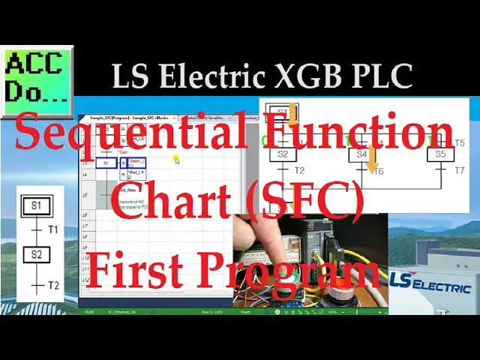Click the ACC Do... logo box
point(38,77)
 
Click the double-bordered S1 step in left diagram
point(35,204)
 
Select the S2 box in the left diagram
point(35,254)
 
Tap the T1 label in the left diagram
point(53,229)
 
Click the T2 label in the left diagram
point(53,285)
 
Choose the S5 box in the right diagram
point(441,154)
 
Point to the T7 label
point(460,171)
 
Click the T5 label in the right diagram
point(459,142)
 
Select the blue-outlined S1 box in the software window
point(106,163)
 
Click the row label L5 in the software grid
point(85,196)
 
